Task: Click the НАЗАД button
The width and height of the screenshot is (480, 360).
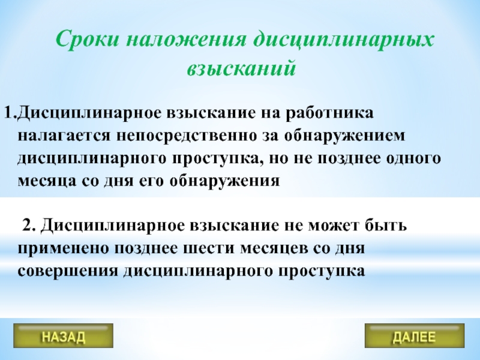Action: pos(64,336)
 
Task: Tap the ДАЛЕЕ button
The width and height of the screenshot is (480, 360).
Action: pos(415,336)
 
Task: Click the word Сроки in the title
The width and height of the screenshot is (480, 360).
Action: pos(87,40)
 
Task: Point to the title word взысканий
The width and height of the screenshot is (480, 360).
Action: pos(242,68)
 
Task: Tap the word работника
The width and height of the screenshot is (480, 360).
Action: pos(329,113)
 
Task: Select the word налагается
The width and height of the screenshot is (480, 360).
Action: pos(64,136)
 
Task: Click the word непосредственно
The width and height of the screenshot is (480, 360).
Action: pos(186,136)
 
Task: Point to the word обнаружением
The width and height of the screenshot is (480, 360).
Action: pos(344,136)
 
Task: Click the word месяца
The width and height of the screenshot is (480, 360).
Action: pos(47,182)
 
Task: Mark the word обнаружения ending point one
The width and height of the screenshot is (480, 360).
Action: pos(224,181)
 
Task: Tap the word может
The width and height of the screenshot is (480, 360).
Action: pos(334,226)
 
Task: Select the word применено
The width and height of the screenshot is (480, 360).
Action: pos(63,249)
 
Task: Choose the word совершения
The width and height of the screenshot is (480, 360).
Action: pos(68,272)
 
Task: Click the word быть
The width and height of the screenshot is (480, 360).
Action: pos(386,226)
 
